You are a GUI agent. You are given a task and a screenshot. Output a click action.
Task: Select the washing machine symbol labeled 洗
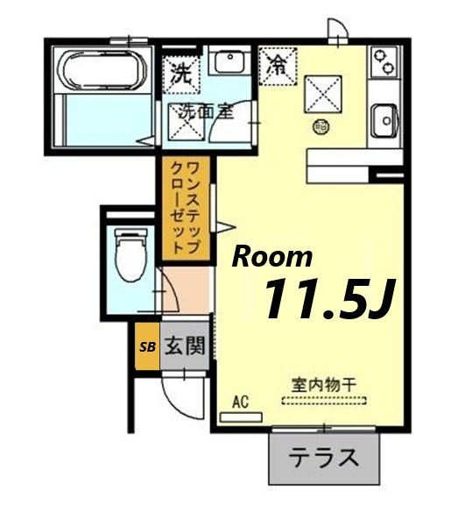coord(181,73)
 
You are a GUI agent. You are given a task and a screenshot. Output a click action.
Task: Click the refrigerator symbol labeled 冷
coord(278,64)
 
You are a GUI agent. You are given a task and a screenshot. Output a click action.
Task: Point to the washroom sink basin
coord(231,63)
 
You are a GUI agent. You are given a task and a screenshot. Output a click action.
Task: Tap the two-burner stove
coord(383,61)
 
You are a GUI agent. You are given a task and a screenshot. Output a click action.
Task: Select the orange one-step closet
coord(184,208)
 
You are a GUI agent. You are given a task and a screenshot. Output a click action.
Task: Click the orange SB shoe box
coord(146,346)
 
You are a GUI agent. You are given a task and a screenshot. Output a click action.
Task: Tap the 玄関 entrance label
coord(183,345)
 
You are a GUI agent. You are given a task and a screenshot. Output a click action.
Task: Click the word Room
coord(271,256)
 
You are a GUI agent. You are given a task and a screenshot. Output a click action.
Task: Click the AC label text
coord(242,403)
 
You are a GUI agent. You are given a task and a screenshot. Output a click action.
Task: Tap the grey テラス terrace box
coord(324,458)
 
